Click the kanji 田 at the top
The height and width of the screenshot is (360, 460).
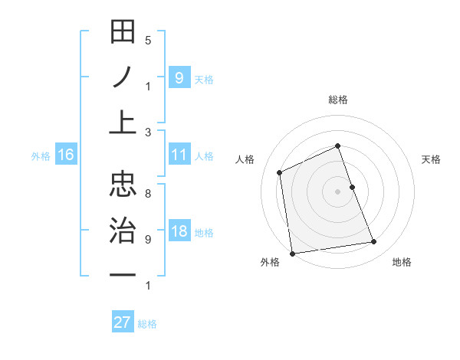coord(123,34)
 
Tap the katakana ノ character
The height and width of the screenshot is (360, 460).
coord(123,77)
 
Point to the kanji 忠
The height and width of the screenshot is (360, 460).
coord(123,184)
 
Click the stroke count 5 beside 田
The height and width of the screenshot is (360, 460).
coord(148,40)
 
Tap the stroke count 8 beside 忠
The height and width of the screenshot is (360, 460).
coord(148,194)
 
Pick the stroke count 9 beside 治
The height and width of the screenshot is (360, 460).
coord(148,239)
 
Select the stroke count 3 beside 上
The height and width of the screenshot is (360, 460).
coord(148,132)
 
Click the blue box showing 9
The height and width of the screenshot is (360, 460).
coord(179,77)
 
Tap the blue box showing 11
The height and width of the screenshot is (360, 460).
coord(179,155)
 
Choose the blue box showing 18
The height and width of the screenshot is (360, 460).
coord(179,232)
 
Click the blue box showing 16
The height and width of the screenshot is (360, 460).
coord(66,155)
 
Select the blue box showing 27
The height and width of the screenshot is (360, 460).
coord(122,322)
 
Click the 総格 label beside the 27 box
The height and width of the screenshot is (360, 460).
coord(147,324)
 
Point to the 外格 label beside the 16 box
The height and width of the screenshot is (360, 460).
coord(41,156)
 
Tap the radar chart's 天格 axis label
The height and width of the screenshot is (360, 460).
coord(431,159)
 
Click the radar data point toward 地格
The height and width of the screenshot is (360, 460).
coord(374,242)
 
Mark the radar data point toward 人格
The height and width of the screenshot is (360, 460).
coord(280,172)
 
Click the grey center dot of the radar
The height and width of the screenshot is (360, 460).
coord(337,191)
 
